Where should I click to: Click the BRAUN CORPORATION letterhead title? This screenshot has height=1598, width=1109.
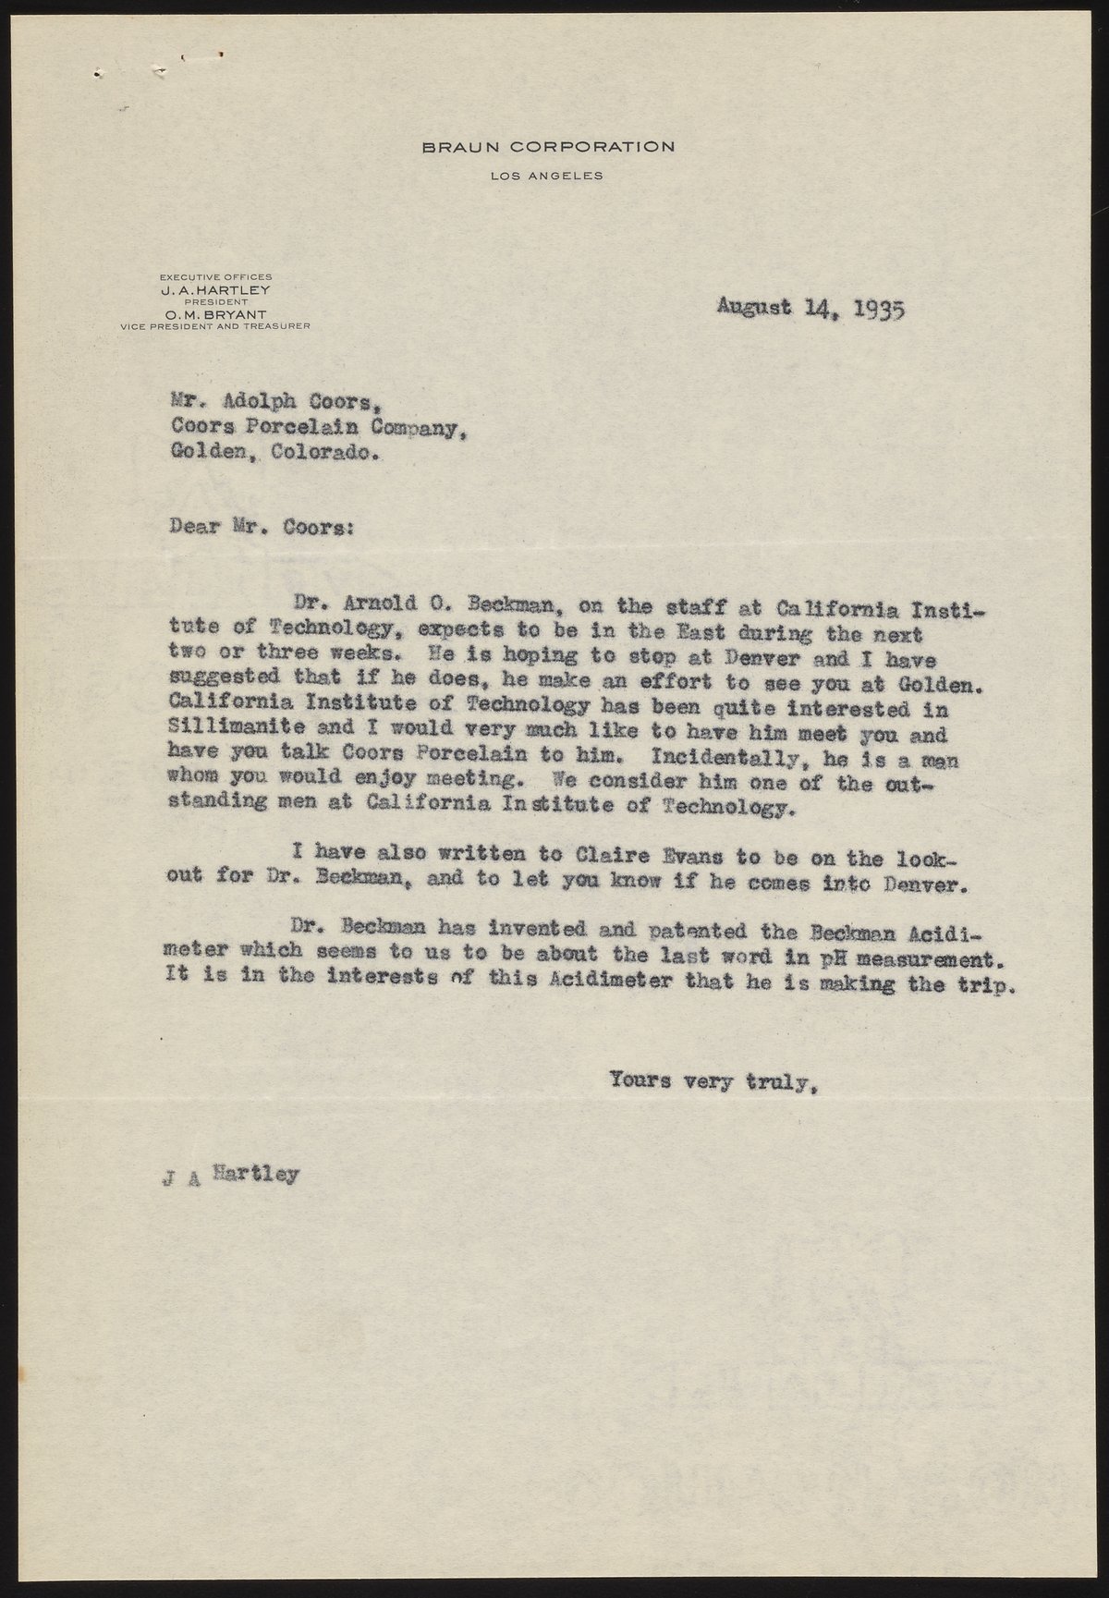click(548, 146)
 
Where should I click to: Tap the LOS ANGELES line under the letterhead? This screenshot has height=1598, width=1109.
click(547, 176)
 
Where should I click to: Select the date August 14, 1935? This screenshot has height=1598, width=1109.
click(810, 308)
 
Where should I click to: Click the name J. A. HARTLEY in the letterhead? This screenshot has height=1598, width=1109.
click(215, 289)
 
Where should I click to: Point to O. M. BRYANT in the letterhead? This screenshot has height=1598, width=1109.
click(215, 314)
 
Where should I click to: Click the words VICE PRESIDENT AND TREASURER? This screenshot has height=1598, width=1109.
click(215, 326)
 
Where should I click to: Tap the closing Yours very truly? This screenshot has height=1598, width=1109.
click(713, 1079)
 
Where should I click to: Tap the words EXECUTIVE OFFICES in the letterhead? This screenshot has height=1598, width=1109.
click(215, 277)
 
